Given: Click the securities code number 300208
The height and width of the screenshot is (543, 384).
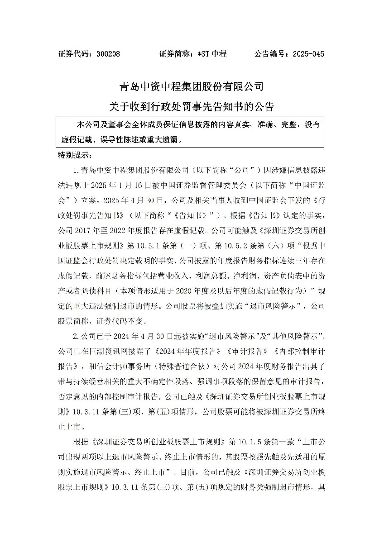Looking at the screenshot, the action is coord(108,54).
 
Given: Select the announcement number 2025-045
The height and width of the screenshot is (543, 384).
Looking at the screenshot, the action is coord(308,54).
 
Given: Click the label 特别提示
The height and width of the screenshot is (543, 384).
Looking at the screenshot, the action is coord(75,155).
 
